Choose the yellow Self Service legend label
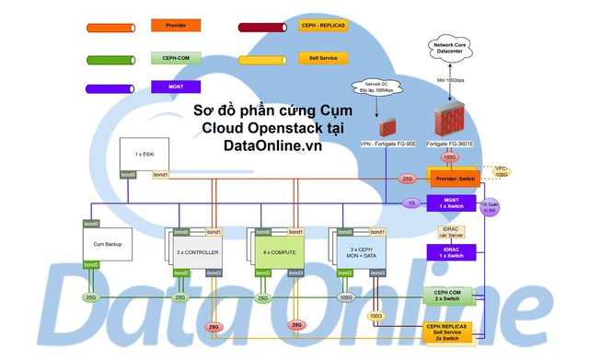coord(323,58)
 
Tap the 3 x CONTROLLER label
coord(195,250)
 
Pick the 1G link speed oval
coord(412,203)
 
